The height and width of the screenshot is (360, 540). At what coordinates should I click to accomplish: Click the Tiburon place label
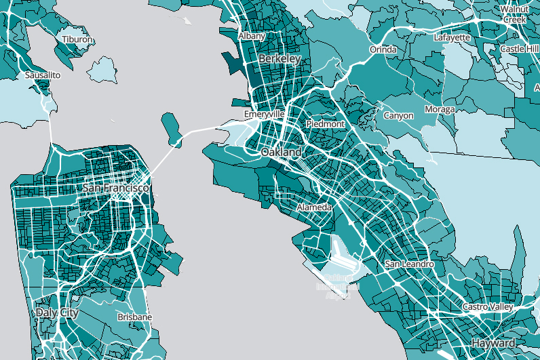click(77, 40)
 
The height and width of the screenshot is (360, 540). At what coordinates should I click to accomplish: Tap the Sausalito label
click(43, 75)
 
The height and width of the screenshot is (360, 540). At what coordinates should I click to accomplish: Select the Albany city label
click(252, 35)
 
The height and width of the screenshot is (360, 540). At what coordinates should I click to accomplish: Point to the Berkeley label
click(279, 59)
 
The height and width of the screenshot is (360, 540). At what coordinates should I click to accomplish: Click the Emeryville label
click(265, 115)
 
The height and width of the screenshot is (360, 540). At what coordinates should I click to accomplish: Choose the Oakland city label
click(282, 153)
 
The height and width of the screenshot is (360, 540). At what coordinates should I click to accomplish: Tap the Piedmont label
click(326, 125)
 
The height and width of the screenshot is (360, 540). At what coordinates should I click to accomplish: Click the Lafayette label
click(452, 38)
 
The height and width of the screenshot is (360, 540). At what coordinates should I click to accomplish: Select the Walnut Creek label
click(514, 14)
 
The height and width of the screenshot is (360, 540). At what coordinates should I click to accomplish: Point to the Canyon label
click(398, 116)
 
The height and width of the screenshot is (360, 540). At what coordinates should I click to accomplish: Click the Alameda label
click(315, 206)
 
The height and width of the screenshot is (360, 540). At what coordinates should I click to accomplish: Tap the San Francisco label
click(115, 187)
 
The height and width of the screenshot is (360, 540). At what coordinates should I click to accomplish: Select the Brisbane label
click(134, 317)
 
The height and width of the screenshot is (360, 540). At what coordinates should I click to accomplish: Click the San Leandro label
click(408, 263)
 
